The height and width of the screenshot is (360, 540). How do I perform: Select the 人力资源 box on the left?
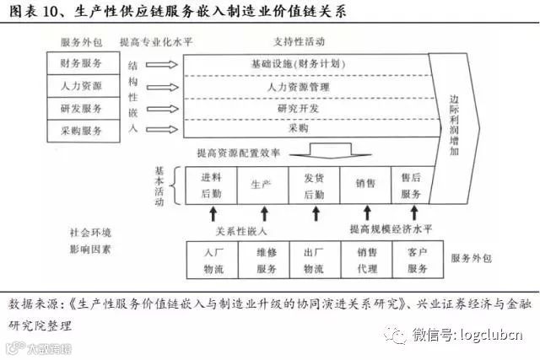click(82, 86)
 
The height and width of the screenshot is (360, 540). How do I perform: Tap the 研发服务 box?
click(82, 108)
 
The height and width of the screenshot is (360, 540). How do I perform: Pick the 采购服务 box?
click(82, 130)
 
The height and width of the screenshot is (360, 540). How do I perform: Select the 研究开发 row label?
click(298, 109)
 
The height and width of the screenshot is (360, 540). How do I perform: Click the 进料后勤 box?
click(211, 185)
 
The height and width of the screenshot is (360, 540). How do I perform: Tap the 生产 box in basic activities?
click(262, 185)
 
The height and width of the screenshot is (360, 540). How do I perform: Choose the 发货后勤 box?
click(314, 185)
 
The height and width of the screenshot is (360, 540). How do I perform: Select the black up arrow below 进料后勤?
click(213, 213)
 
